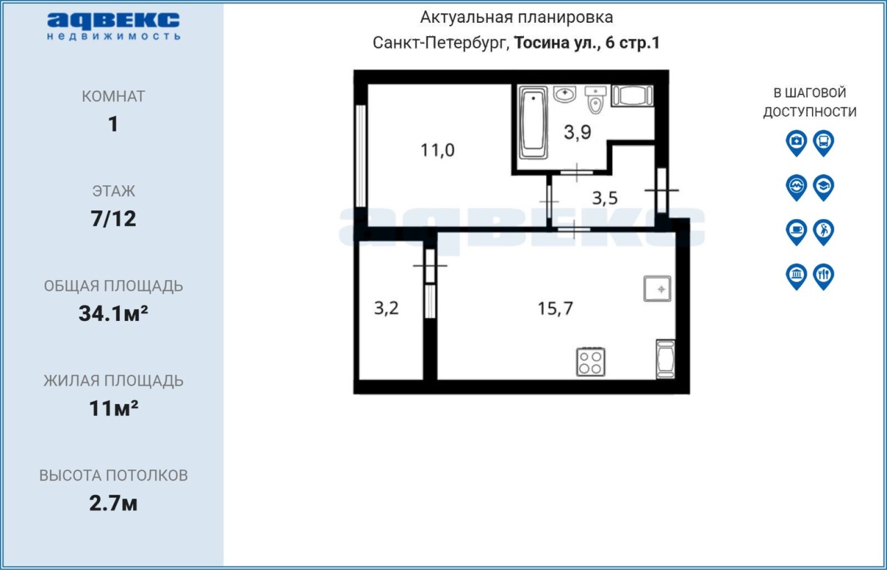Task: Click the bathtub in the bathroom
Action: [533, 123]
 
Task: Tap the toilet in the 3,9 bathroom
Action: [595, 99]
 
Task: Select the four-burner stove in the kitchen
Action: [590, 362]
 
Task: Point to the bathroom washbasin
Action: [565, 94]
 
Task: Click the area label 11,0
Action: [437, 150]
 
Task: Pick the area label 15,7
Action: [555, 309]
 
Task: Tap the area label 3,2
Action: [386, 308]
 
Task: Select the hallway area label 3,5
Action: [605, 198]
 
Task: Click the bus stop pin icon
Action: [823, 143]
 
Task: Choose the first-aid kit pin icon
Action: [796, 143]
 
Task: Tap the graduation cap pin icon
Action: [823, 187]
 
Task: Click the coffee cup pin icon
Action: [796, 232]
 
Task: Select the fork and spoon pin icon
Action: [823, 276]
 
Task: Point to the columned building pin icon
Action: [796, 276]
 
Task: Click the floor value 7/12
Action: [113, 219]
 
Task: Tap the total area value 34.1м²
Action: [113, 313]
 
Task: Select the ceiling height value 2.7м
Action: [113, 503]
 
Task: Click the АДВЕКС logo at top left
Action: [113, 26]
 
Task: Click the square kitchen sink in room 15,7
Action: [657, 288]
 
